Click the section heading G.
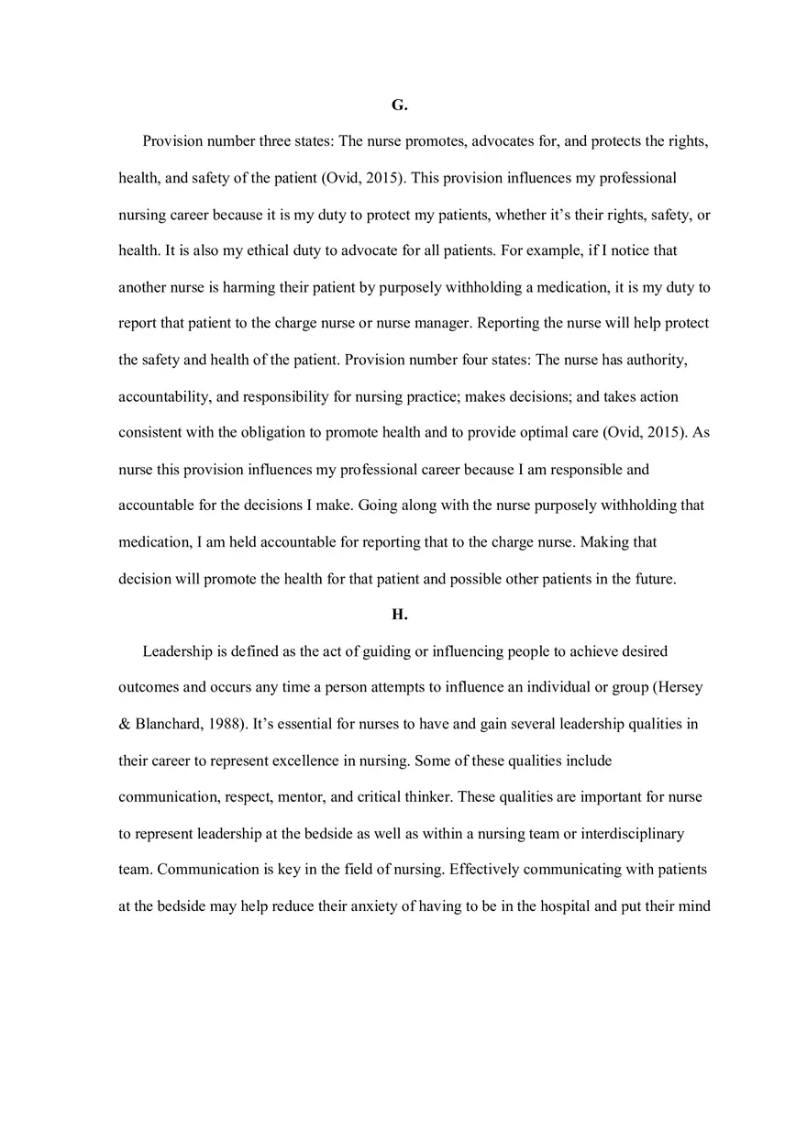pyautogui.click(x=399, y=106)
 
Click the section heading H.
pyautogui.click(x=399, y=616)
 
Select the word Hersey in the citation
pyautogui.click(x=680, y=687)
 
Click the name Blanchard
pyautogui.click(x=168, y=724)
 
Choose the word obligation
pyautogui.click(x=295, y=432)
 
